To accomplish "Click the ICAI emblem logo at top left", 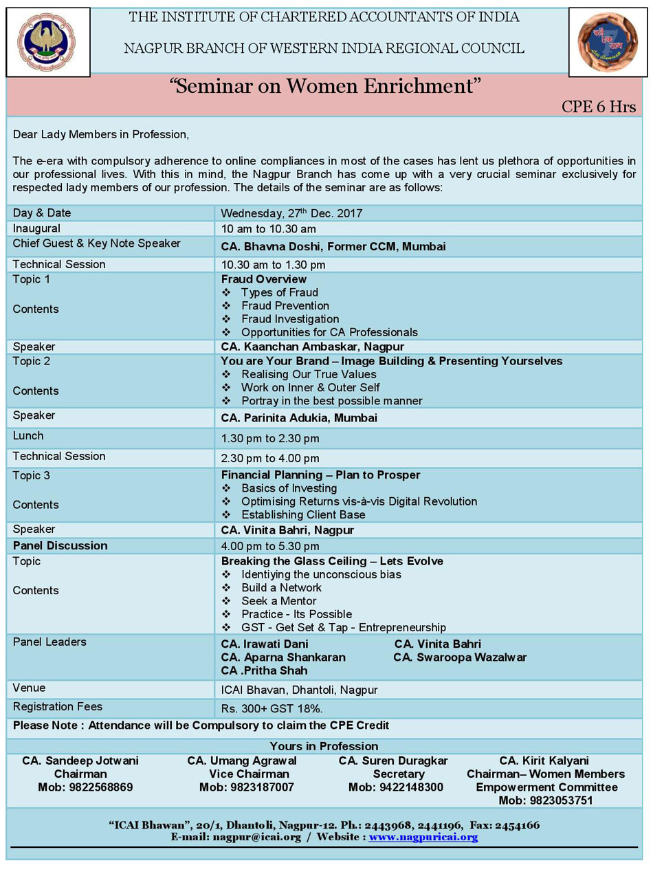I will click(x=47, y=42).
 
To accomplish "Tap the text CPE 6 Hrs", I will click(x=599, y=107).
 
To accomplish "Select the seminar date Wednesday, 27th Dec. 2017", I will click(x=291, y=213).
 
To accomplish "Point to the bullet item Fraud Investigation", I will click(x=289, y=319).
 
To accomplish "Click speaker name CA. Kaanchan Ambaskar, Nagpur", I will click(x=312, y=347).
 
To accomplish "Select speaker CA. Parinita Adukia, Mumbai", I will click(x=299, y=417).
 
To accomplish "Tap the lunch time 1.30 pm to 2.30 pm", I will click(x=269, y=438).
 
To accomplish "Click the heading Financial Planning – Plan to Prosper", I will click(x=320, y=475).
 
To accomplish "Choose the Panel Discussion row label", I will click(x=60, y=546).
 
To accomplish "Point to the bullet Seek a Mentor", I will click(x=278, y=601).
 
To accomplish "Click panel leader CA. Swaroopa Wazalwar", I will click(x=460, y=657).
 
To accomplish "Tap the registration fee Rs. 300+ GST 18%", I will click(x=272, y=708).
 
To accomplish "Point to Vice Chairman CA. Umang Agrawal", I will click(x=242, y=761).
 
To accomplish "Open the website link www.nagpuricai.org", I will click(x=423, y=837).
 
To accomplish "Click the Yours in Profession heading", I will click(x=324, y=746).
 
